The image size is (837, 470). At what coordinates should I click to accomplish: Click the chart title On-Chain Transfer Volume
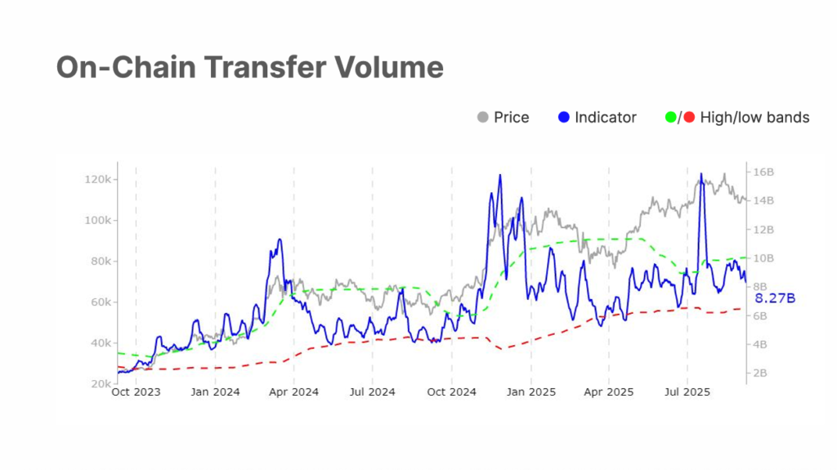click(249, 67)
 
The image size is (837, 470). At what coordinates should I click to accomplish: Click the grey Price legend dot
click(482, 118)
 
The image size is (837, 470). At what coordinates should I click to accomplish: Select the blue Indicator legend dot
click(562, 118)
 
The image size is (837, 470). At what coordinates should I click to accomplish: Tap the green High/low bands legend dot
click(672, 118)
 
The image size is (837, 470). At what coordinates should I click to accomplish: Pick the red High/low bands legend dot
click(689, 118)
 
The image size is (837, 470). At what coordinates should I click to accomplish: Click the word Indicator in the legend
click(605, 118)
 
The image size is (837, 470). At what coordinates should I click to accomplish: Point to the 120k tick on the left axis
click(98, 180)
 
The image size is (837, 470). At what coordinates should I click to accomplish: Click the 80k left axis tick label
click(101, 262)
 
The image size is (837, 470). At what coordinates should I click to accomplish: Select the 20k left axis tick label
click(101, 383)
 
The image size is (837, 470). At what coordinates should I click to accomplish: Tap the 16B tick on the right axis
click(763, 172)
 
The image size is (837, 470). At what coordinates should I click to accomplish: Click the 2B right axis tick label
click(761, 374)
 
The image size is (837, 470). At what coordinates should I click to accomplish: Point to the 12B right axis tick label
click(763, 230)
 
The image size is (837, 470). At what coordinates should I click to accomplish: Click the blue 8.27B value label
click(774, 299)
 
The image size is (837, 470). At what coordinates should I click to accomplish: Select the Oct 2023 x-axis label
click(135, 392)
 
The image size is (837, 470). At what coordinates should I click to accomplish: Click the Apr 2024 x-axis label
click(293, 392)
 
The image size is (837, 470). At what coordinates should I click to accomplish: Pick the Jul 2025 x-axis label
click(687, 392)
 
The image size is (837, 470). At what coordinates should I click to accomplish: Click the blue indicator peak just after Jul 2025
click(701, 174)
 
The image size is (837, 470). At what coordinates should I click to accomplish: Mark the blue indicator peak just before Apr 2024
click(280, 239)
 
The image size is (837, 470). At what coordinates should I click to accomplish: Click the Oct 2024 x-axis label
click(450, 392)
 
